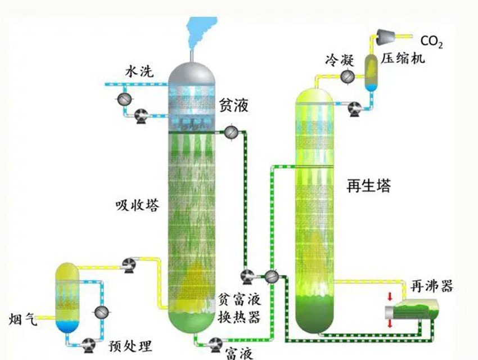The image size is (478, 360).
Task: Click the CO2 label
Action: click(x=431, y=42)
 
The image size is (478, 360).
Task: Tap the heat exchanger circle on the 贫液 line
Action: click(x=231, y=132)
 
